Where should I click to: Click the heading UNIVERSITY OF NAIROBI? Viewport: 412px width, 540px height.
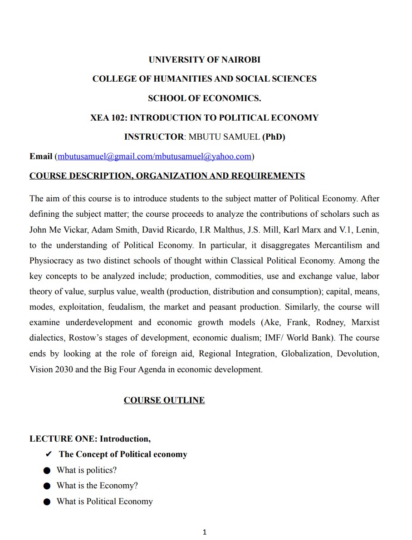tap(204, 59)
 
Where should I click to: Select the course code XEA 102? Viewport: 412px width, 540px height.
tap(109, 118)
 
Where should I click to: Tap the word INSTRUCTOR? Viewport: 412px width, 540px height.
tap(154, 137)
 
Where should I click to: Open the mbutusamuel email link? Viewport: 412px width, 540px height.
tap(154, 156)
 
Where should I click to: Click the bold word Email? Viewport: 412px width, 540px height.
tap(41, 156)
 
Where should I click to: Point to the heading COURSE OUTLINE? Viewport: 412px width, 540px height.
tap(164, 400)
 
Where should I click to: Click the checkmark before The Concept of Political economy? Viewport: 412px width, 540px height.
tap(49, 454)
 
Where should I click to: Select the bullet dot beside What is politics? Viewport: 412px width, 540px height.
tap(47, 471)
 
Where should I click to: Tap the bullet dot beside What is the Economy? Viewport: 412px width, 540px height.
tap(47, 486)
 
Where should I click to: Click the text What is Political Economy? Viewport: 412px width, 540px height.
tap(104, 501)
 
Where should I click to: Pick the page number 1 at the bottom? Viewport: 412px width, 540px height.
tap(205, 532)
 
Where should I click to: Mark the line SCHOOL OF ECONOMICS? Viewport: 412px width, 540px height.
tap(204, 98)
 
